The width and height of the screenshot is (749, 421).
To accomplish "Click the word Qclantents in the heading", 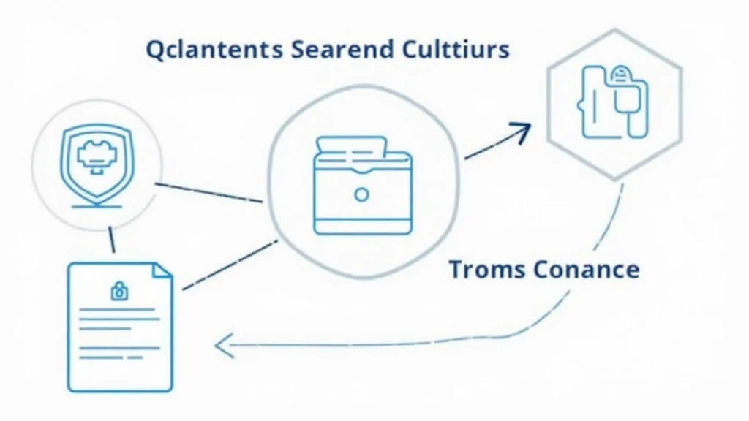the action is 214,50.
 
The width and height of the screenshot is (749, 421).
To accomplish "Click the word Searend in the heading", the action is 342,49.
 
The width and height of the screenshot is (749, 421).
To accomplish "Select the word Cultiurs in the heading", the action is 456,49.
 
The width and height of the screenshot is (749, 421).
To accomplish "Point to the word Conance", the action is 587,270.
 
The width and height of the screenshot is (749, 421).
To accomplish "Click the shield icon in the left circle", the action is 97,163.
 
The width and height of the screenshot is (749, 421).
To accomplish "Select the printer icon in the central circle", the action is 363,185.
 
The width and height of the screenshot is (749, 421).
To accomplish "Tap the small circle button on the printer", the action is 361,194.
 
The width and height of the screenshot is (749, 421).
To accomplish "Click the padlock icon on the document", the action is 119,291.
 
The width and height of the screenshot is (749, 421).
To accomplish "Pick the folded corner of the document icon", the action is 162,270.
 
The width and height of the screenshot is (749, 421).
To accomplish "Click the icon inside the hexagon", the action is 613,102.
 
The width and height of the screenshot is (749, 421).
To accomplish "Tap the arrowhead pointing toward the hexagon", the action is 522,132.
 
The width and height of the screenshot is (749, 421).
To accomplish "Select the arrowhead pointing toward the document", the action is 224,346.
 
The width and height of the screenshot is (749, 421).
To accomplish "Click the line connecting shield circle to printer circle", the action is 208,193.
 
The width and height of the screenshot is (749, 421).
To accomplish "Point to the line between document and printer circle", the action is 230,265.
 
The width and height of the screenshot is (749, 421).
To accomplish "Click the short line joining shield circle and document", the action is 112,239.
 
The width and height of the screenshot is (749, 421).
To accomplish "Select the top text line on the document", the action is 117,309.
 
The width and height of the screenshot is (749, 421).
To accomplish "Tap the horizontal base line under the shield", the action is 97,207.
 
